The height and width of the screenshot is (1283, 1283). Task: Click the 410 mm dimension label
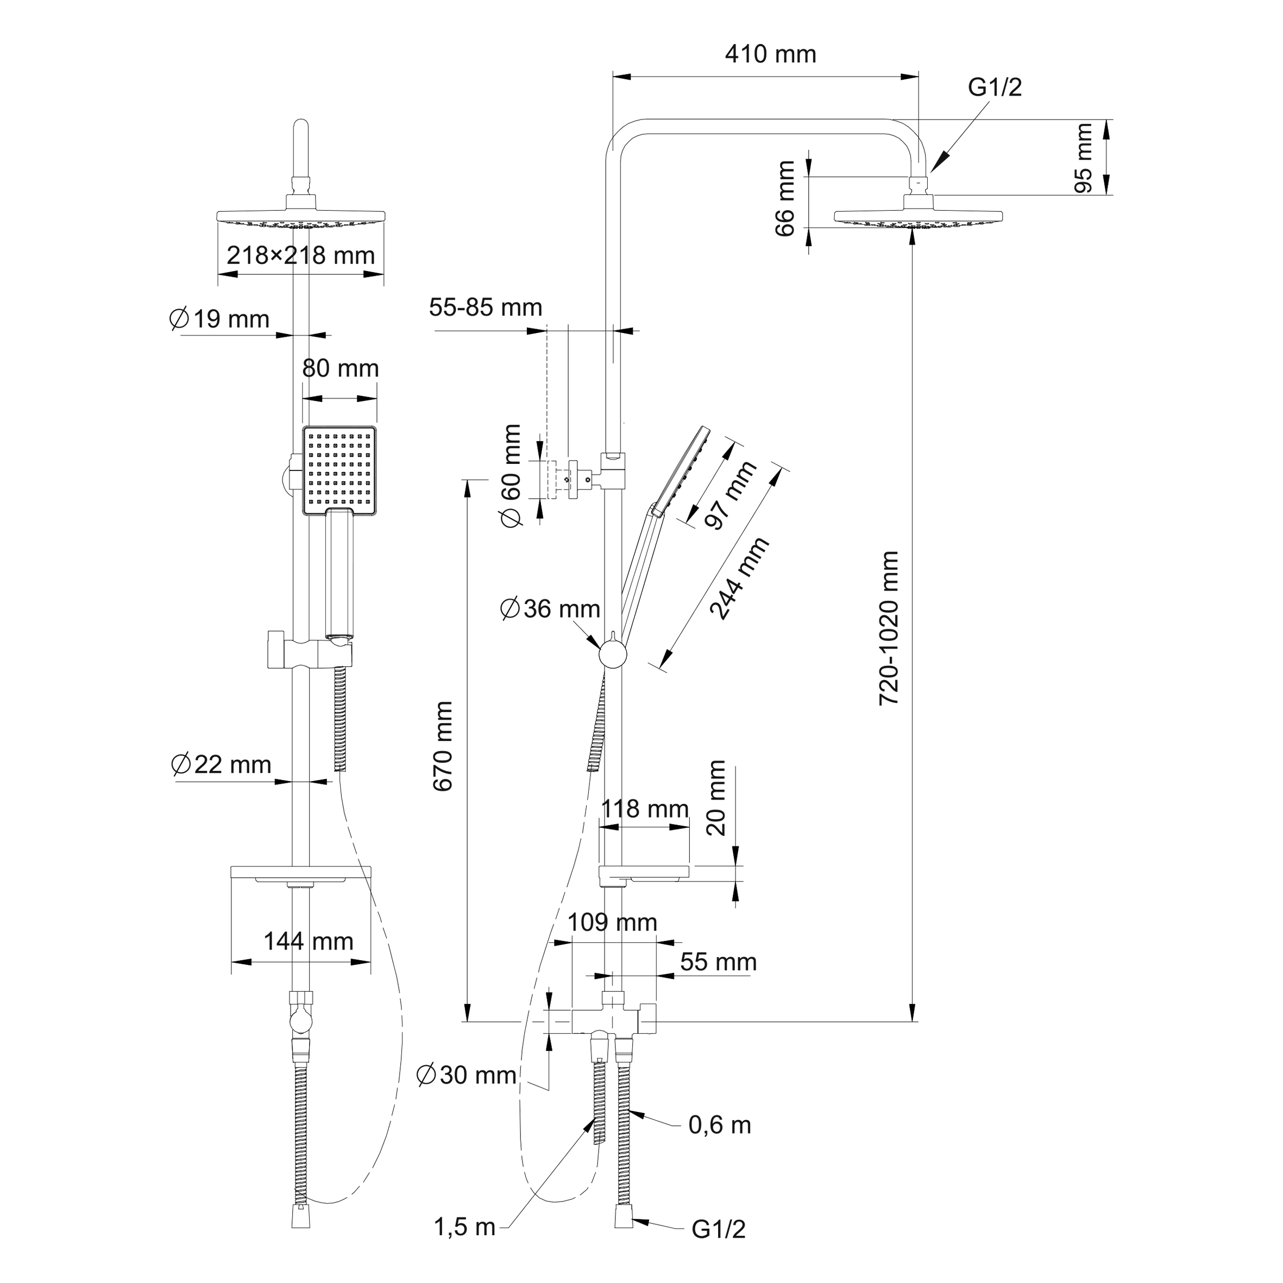click(770, 54)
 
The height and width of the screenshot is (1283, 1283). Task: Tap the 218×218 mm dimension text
click(301, 256)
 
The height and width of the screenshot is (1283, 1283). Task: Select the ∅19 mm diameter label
click(220, 319)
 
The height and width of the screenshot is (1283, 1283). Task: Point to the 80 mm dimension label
click(340, 369)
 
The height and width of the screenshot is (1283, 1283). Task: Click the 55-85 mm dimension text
click(486, 308)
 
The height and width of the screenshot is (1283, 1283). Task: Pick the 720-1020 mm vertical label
click(889, 627)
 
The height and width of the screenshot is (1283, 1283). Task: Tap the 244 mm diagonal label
click(739, 578)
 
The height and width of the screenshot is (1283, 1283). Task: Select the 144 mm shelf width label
click(308, 941)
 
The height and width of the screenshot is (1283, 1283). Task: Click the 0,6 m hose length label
click(720, 1125)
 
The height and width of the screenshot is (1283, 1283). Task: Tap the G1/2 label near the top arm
click(994, 87)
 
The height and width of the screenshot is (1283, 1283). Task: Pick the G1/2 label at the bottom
click(719, 1230)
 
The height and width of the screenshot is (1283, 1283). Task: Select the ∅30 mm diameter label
click(466, 1075)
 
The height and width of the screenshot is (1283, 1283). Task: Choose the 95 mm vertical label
click(1083, 158)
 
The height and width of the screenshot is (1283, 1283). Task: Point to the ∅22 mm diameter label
click(221, 765)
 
